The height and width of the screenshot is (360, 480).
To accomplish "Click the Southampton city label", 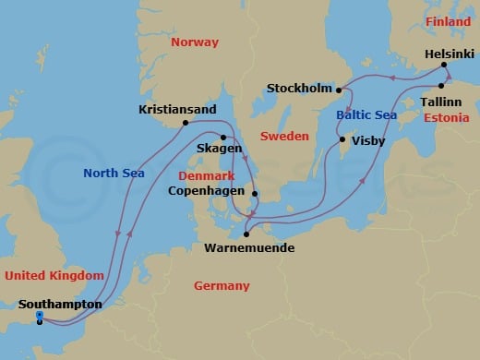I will coord(60,304).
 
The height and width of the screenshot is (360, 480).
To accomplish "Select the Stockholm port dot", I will coord(339,90).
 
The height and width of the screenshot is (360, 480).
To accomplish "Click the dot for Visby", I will coord(342,140).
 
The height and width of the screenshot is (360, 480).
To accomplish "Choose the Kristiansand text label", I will coord(177,109).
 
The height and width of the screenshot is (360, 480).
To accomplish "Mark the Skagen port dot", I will coord(223,138).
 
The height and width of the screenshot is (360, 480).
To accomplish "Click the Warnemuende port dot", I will coord(246,234).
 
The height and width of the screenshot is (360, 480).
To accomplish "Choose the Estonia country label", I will coord(445,119).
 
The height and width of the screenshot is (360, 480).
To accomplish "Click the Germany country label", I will coord(222,286).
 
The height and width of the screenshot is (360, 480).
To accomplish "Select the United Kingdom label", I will coord(53,275).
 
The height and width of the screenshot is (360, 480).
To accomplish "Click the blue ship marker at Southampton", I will coord(39,318).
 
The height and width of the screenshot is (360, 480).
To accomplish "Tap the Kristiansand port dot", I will coord(186,123).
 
